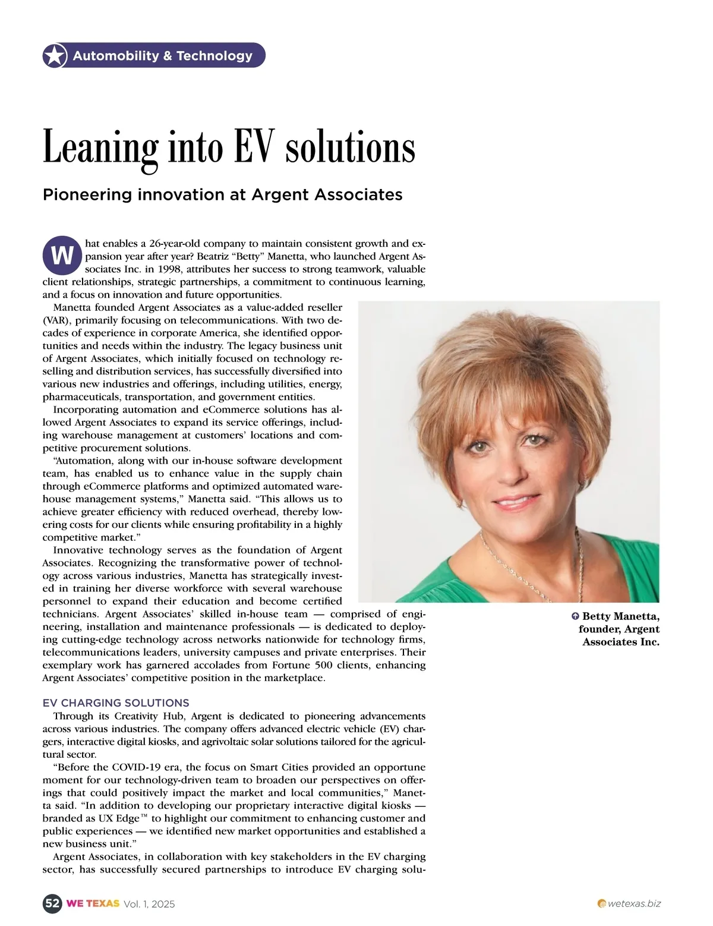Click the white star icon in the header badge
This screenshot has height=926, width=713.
click(55, 56)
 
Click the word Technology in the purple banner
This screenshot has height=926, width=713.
click(214, 56)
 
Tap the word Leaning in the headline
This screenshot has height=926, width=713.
click(100, 147)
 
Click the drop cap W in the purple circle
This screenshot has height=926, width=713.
click(62, 256)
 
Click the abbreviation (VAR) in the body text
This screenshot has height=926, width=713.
click(56, 320)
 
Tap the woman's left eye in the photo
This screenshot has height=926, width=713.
click(535, 440)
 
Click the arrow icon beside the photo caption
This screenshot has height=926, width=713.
click(575, 616)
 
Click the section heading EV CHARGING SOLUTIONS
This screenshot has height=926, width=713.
click(116, 703)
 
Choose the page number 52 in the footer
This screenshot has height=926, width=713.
click(52, 903)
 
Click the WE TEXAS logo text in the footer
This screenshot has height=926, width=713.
click(93, 903)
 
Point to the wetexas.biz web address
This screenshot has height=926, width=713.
click(634, 903)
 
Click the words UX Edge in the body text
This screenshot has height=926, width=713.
click(118, 818)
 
